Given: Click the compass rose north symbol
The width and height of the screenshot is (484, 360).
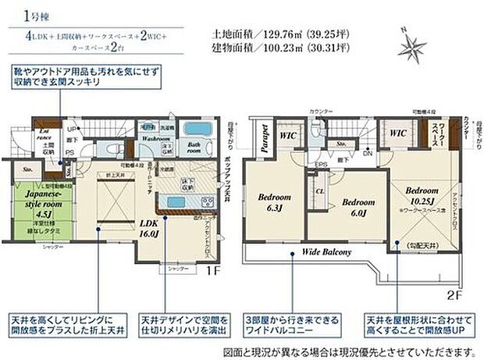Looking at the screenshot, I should coord(409,46).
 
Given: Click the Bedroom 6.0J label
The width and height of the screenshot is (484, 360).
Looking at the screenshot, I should coord(359,206).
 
